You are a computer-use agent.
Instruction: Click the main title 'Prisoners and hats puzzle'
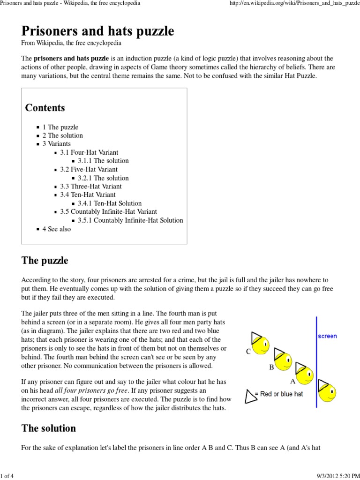97,31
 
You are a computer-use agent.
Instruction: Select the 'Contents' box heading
45,108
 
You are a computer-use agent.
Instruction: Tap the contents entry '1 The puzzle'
60,127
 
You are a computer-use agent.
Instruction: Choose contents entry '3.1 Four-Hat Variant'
89,152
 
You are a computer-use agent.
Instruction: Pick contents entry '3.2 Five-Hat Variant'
89,169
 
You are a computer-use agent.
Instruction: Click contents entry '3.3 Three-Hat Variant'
90,186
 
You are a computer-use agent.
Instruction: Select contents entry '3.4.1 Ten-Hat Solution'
110,203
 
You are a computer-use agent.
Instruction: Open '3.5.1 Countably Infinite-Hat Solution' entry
130,220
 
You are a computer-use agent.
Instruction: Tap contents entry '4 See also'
57,229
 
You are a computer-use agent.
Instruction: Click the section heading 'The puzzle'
45,261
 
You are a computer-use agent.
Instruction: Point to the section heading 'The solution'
48,428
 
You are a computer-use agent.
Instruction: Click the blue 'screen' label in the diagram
327,336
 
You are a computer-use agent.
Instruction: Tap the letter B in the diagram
271,368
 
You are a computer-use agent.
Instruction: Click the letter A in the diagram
293,382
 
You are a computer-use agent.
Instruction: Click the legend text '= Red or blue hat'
279,394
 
